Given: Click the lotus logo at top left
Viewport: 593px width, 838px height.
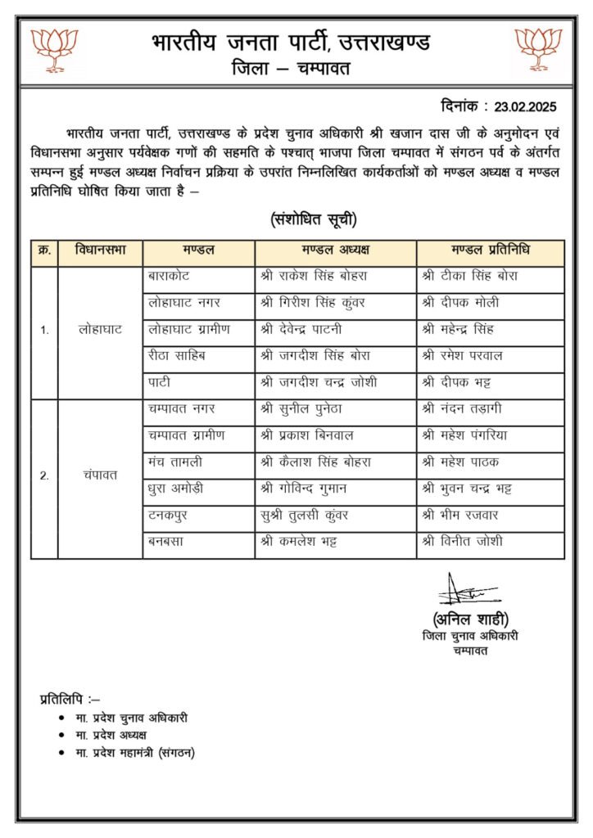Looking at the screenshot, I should tap(54, 48).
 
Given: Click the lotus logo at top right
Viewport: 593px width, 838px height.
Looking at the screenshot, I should tap(537, 48).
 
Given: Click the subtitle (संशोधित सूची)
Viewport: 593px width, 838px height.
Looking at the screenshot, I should tap(313, 219).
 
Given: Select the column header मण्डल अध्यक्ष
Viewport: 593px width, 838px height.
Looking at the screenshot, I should tap(335, 250).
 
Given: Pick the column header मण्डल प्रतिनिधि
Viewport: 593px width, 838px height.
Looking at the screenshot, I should tap(490, 250).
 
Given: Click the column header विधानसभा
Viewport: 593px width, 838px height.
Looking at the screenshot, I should tap(100, 250).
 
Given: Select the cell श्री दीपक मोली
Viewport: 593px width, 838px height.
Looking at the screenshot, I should tap(461, 303).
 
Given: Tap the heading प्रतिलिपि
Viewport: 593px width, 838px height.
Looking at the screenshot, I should tap(69, 700).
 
